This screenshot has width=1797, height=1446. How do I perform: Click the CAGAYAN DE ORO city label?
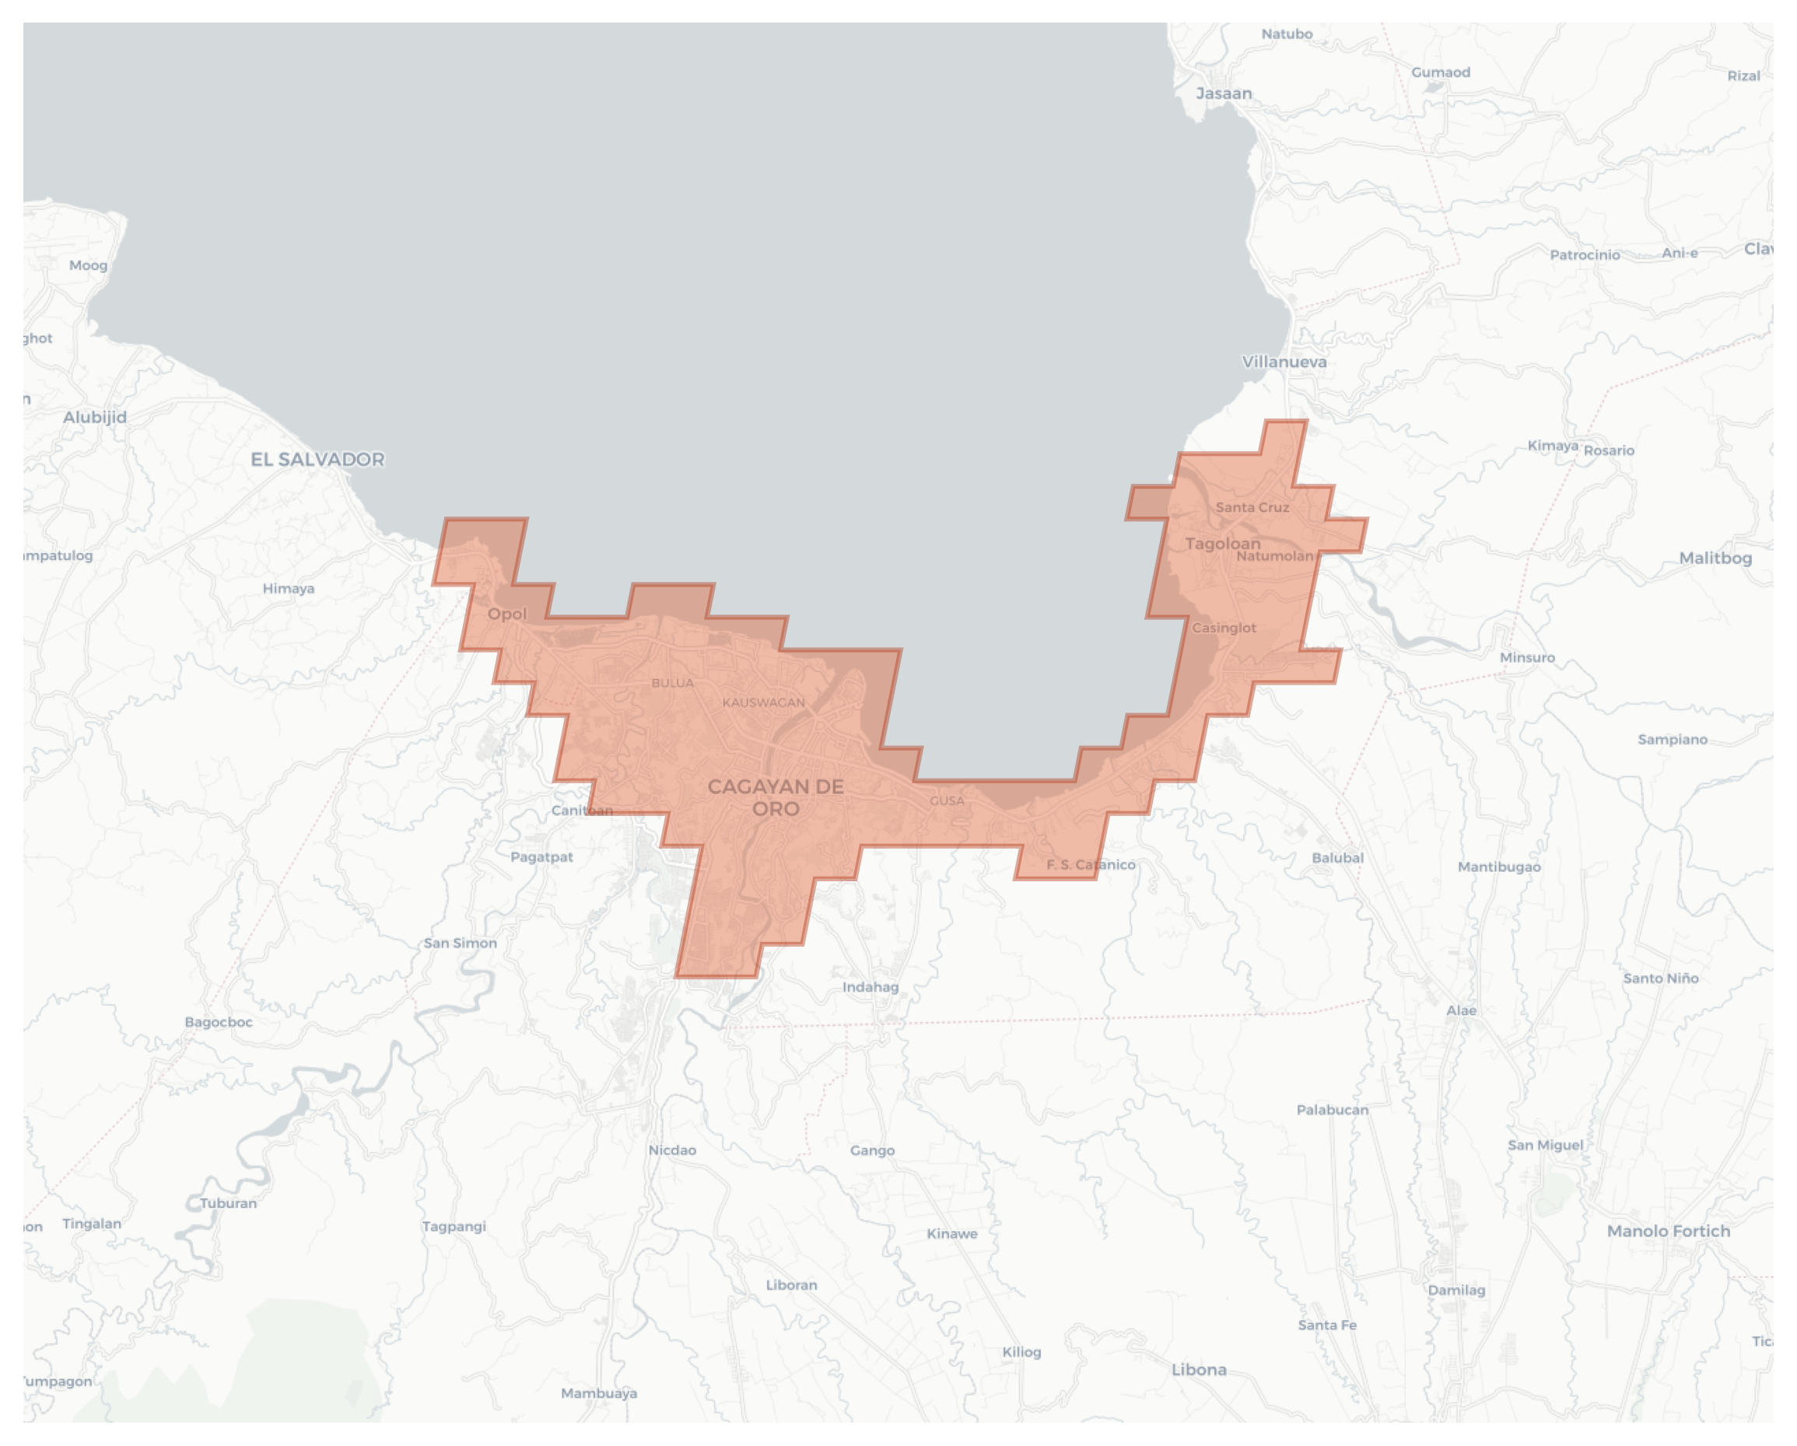(775, 797)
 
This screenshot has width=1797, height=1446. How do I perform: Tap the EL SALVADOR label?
(317, 459)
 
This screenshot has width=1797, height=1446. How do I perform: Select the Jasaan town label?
(1224, 93)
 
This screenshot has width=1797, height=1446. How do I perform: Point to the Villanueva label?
(1284, 362)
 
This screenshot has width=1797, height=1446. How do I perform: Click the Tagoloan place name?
(1222, 544)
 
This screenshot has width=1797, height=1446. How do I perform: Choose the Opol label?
(506, 614)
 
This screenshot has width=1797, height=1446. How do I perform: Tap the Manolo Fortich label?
(1668, 1231)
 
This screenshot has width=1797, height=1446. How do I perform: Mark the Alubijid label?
(95, 418)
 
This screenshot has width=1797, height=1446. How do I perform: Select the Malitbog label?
(1715, 558)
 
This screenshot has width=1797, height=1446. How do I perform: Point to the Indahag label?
(870, 988)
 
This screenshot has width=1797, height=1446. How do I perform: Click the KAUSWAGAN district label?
(763, 702)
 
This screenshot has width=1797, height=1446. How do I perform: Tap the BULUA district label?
(673, 683)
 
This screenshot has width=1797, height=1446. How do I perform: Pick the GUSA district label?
(947, 801)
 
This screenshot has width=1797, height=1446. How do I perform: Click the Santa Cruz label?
(1252, 508)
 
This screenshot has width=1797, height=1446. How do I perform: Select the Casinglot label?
(1224, 628)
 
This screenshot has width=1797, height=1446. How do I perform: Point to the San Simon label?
(460, 944)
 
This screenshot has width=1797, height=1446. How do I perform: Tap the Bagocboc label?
(219, 1022)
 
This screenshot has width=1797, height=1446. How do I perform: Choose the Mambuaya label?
(598, 1393)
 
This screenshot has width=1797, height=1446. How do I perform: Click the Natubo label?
(1286, 34)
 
